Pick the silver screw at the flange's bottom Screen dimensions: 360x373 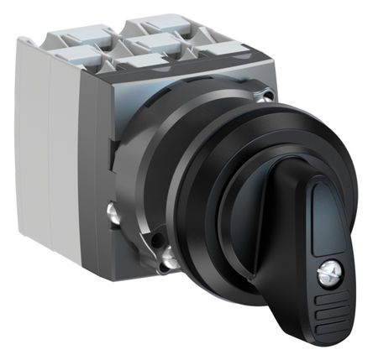169,263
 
